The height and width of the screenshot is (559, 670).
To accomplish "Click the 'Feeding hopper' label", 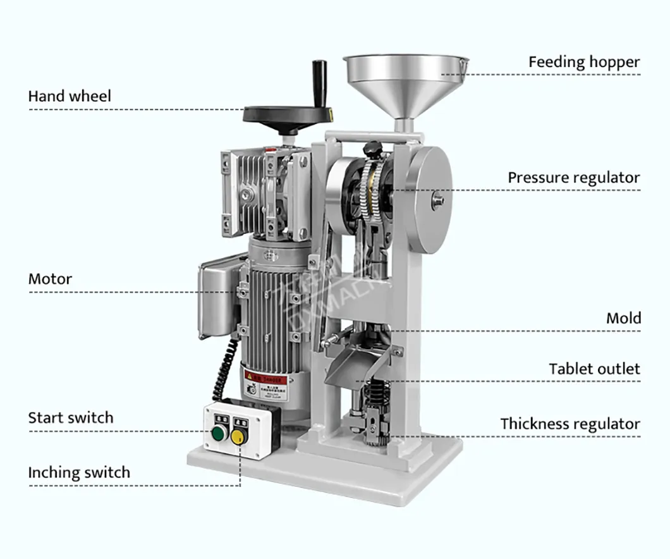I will click(x=584, y=62).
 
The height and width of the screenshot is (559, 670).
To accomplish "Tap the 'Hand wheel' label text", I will click(x=70, y=96).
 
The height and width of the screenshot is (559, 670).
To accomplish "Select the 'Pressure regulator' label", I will click(x=574, y=178).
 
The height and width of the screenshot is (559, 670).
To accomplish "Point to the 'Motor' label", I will click(x=50, y=279).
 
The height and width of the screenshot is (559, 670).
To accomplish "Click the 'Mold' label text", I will click(x=623, y=317).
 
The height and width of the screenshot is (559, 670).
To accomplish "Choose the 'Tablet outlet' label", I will click(x=594, y=369).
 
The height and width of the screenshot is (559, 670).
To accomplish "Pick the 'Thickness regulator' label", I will click(x=570, y=424).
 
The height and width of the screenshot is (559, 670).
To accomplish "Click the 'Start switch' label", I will click(x=71, y=417).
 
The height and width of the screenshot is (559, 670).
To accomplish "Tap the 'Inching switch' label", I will click(x=79, y=472).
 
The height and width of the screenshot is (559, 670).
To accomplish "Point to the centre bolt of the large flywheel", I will click(x=438, y=200).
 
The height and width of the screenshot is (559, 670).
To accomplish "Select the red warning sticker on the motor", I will click(x=265, y=381).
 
